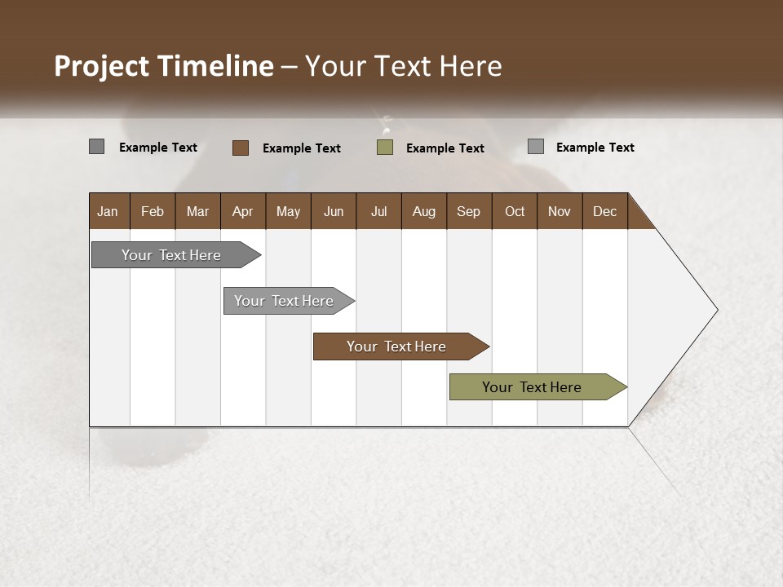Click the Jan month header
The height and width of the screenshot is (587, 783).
(x=108, y=211)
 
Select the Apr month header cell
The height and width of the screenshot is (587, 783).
(x=242, y=211)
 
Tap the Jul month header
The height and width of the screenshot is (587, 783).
(x=378, y=211)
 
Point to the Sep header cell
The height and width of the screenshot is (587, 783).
(x=468, y=211)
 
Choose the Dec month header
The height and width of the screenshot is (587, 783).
(x=604, y=211)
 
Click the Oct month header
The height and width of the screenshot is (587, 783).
(x=514, y=211)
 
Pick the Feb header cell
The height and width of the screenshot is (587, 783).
(x=153, y=211)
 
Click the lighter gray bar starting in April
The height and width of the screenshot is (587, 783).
(x=285, y=301)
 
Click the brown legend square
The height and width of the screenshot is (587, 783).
(x=240, y=148)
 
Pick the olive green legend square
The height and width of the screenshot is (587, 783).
(x=385, y=148)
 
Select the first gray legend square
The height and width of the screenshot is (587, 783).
(x=96, y=147)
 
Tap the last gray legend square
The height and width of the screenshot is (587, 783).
(x=535, y=147)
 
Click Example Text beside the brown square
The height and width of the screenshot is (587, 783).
(x=301, y=148)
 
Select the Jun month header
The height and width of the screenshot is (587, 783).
(x=333, y=211)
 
